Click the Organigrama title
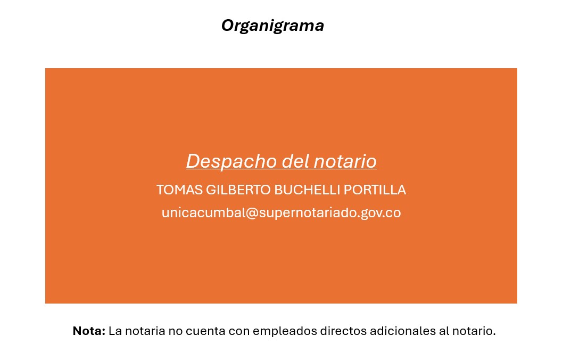click(x=273, y=26)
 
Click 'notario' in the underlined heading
click(x=345, y=161)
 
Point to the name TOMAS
click(x=179, y=190)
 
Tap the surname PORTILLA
click(x=375, y=190)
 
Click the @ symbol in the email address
click(x=252, y=213)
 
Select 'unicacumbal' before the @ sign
click(x=204, y=212)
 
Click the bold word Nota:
click(x=89, y=331)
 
